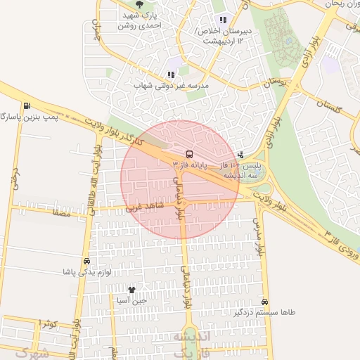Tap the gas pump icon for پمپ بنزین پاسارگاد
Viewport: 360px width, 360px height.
tap(27, 106)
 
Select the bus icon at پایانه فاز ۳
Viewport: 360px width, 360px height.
tap(188, 154)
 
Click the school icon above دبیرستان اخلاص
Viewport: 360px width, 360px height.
tap(223, 20)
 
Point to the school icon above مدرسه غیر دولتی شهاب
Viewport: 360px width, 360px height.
tap(171, 74)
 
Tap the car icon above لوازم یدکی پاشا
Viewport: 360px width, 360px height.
tap(86, 260)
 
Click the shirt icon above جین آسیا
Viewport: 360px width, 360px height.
tap(131, 289)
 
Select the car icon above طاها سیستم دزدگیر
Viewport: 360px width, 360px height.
tap(264, 300)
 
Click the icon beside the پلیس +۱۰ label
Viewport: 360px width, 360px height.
tap(241, 155)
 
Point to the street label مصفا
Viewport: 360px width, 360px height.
tap(60, 210)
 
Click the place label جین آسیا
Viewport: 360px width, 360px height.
tap(134, 300)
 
